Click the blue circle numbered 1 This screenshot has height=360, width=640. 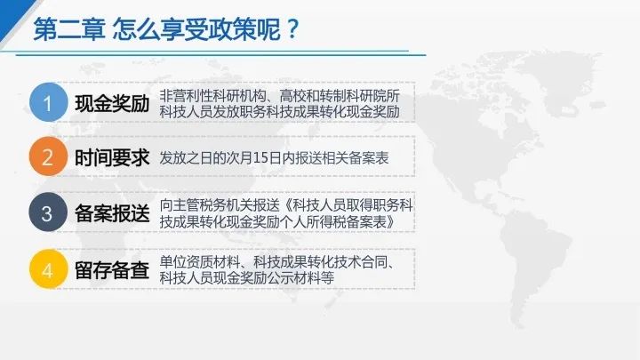click(48, 102)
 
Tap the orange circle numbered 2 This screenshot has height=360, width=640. click(48, 156)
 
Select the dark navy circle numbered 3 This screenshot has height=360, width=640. click(48, 212)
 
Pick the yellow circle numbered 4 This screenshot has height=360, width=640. click(48, 269)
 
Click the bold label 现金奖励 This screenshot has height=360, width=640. click(112, 104)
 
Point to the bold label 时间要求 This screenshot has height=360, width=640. click(112, 158)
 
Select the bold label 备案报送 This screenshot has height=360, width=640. click(112, 213)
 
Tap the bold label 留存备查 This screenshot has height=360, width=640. click(112, 270)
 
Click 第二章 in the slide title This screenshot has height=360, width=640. click(69, 29)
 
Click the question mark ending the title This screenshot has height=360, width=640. click(292, 29)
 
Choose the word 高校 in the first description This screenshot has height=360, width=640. click(292, 96)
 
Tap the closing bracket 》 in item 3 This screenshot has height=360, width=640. click(391, 222)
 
